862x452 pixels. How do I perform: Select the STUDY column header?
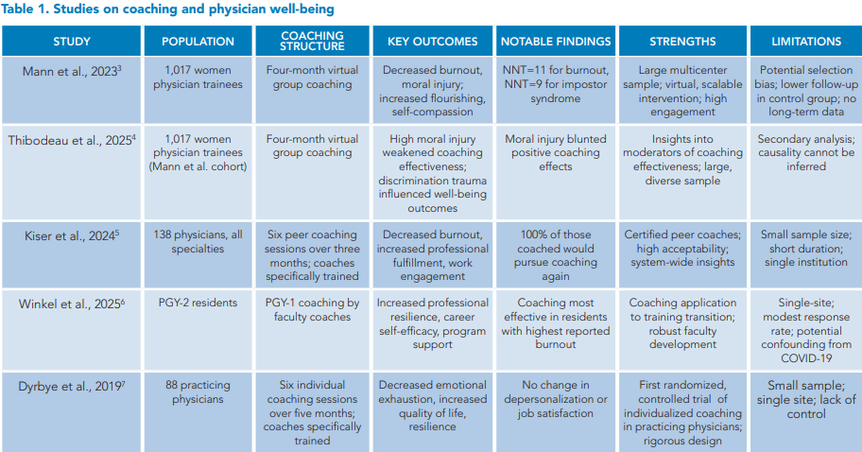click(72, 42)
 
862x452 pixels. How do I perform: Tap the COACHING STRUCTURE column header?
click(312, 42)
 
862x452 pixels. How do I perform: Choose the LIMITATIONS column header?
click(805, 42)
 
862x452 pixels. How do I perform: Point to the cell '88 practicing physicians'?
click(198, 391)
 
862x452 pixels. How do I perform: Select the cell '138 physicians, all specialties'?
click(198, 241)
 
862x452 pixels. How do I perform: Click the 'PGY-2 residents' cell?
click(198, 304)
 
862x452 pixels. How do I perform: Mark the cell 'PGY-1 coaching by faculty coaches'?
click(312, 311)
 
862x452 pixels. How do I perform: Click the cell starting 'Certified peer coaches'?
click(682, 248)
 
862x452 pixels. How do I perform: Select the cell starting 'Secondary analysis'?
click(805, 153)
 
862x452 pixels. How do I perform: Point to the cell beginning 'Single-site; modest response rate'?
click(805, 325)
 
